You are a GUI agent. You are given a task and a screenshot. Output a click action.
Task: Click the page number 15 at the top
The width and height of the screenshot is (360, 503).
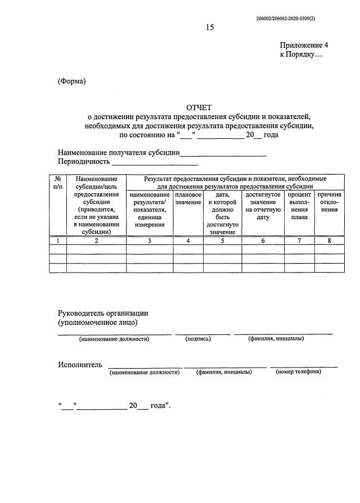(210, 27)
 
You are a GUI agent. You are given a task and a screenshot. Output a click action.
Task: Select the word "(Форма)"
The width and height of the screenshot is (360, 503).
(72, 81)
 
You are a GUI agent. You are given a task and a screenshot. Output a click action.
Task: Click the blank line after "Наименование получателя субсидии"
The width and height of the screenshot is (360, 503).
(223, 153)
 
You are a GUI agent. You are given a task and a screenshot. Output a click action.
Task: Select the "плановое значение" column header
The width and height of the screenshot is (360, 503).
(188, 198)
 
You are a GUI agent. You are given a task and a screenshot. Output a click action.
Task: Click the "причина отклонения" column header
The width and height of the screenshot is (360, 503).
(329, 202)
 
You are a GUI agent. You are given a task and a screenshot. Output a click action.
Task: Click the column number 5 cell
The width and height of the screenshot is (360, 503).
(222, 241)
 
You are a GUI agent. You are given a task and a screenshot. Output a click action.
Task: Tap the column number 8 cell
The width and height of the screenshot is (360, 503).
(329, 241)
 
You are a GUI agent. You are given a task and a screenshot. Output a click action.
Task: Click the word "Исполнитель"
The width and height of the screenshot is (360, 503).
(80, 365)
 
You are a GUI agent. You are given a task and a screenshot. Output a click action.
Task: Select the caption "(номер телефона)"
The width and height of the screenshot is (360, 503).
(299, 371)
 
